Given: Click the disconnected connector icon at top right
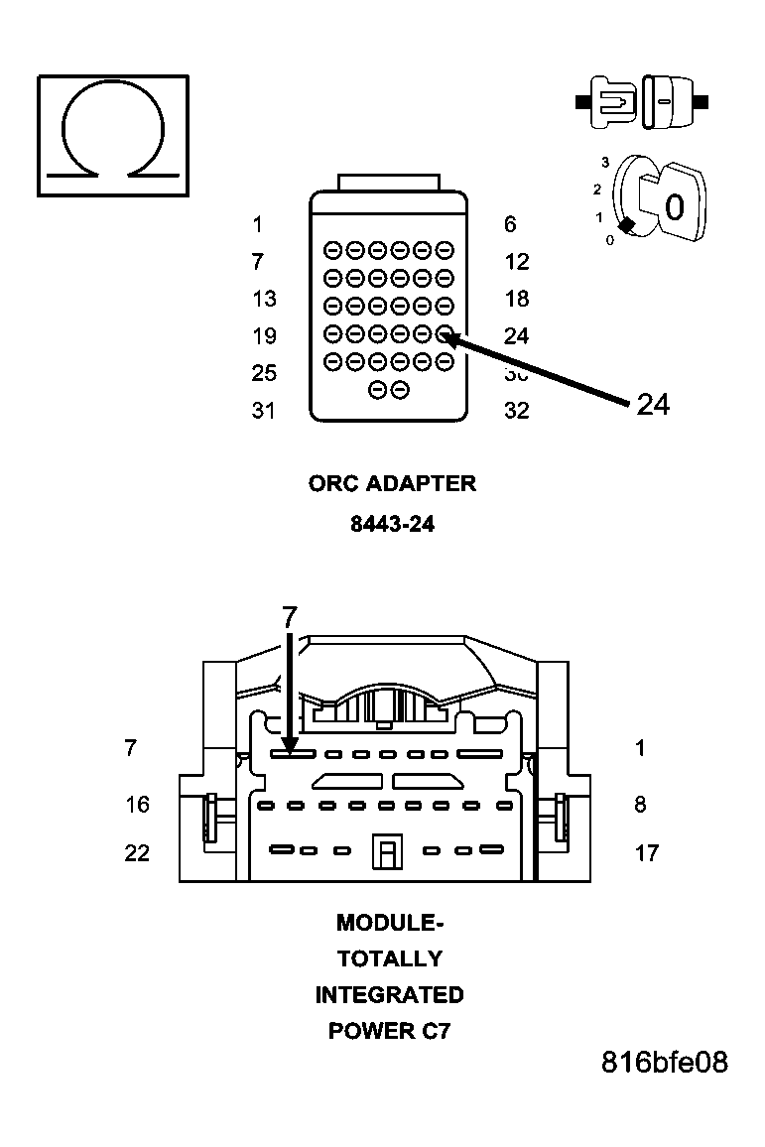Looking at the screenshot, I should click(642, 101).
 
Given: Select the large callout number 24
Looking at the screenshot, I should click(652, 405).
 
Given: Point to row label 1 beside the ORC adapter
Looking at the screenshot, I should click(258, 224).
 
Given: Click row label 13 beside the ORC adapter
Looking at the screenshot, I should click(264, 299).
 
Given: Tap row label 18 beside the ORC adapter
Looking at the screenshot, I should click(516, 299).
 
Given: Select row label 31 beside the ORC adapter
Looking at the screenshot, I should click(263, 411).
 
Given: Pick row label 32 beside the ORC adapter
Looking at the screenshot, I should click(516, 411).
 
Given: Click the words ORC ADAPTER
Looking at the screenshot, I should click(392, 484).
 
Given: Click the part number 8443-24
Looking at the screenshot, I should click(392, 524).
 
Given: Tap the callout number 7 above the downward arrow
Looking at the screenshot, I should click(289, 617).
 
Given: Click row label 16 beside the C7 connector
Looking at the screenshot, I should click(137, 804).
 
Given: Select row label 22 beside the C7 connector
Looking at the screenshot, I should click(137, 852).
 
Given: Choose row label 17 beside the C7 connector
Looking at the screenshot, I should click(646, 852).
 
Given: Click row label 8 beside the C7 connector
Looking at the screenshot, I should click(640, 804).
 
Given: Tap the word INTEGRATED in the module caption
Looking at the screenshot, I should click(389, 994).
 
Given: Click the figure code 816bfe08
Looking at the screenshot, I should click(664, 1063).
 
